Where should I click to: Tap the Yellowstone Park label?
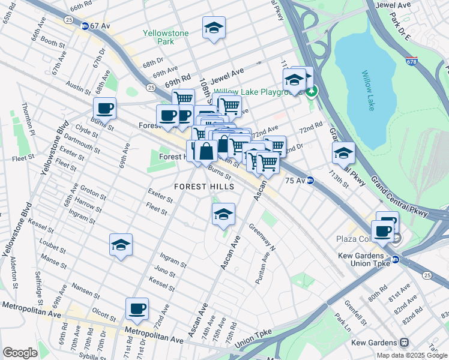[x=166, y=37]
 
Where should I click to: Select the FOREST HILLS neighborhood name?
[x=204, y=187]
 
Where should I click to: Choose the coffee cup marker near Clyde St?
[x=104, y=108]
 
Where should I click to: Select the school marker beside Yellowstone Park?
[x=213, y=28]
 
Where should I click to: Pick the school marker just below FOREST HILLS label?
[x=223, y=214]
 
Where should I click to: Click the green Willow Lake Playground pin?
[x=311, y=92]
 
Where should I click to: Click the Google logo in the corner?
[x=20, y=353]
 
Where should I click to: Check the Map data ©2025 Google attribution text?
[x=411, y=355]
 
